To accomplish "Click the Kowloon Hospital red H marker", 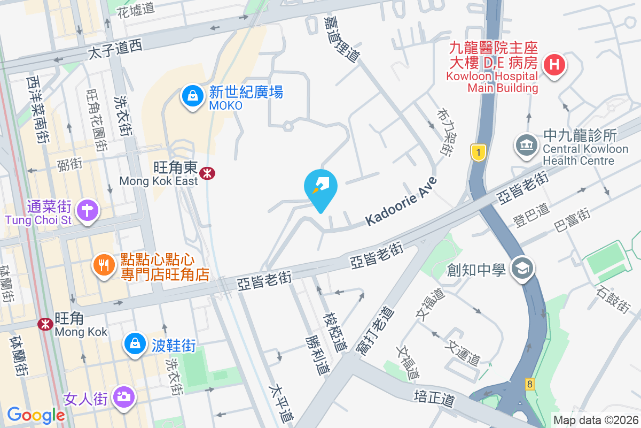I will pyautogui.click(x=554, y=65).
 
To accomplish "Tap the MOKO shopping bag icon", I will pyautogui.click(x=191, y=96).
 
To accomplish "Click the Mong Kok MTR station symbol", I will pyautogui.click(x=45, y=324).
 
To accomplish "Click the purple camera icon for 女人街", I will pyautogui.click(x=124, y=397).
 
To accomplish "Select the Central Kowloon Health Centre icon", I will pyautogui.click(x=527, y=145).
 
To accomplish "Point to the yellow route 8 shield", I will pyautogui.click(x=529, y=384).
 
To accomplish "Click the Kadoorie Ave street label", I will pyautogui.click(x=401, y=201).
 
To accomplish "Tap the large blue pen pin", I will pyautogui.click(x=320, y=188).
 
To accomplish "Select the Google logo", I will pyautogui.click(x=36, y=415).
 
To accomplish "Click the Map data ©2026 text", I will pyautogui.click(x=595, y=421).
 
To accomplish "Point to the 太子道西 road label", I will pyautogui.click(x=115, y=50).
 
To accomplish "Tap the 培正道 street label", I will pyautogui.click(x=434, y=397).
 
